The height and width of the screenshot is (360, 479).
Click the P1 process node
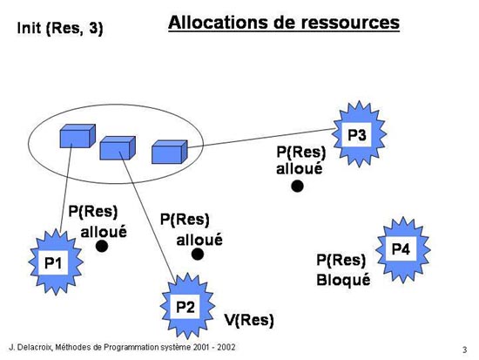tap(56, 262)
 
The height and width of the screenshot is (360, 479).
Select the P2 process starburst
tap(187, 306)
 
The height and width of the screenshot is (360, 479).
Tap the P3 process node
tap(359, 134)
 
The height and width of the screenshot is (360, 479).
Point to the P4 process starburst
tap(403, 249)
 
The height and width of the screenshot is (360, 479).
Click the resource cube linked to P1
tap(78, 136)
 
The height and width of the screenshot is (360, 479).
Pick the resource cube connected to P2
tap(118, 148)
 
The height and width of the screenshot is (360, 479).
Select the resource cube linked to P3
tap(170, 152)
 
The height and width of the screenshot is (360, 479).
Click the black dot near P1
tap(102, 246)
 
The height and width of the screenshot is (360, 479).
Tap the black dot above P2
tap(198, 254)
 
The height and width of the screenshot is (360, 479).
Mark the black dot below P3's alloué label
tap(297, 186)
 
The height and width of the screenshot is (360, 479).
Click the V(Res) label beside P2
tap(249, 320)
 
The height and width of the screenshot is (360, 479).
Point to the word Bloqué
tap(343, 280)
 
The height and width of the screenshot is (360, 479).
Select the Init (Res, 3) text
tap(60, 29)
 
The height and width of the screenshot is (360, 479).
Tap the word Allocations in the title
tap(218, 23)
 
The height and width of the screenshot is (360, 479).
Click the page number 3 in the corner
tap(465, 350)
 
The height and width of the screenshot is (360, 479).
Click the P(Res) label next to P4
tap(341, 261)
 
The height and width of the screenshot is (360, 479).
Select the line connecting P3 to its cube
tap(260, 139)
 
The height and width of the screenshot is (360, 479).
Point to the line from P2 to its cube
tap(148, 217)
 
